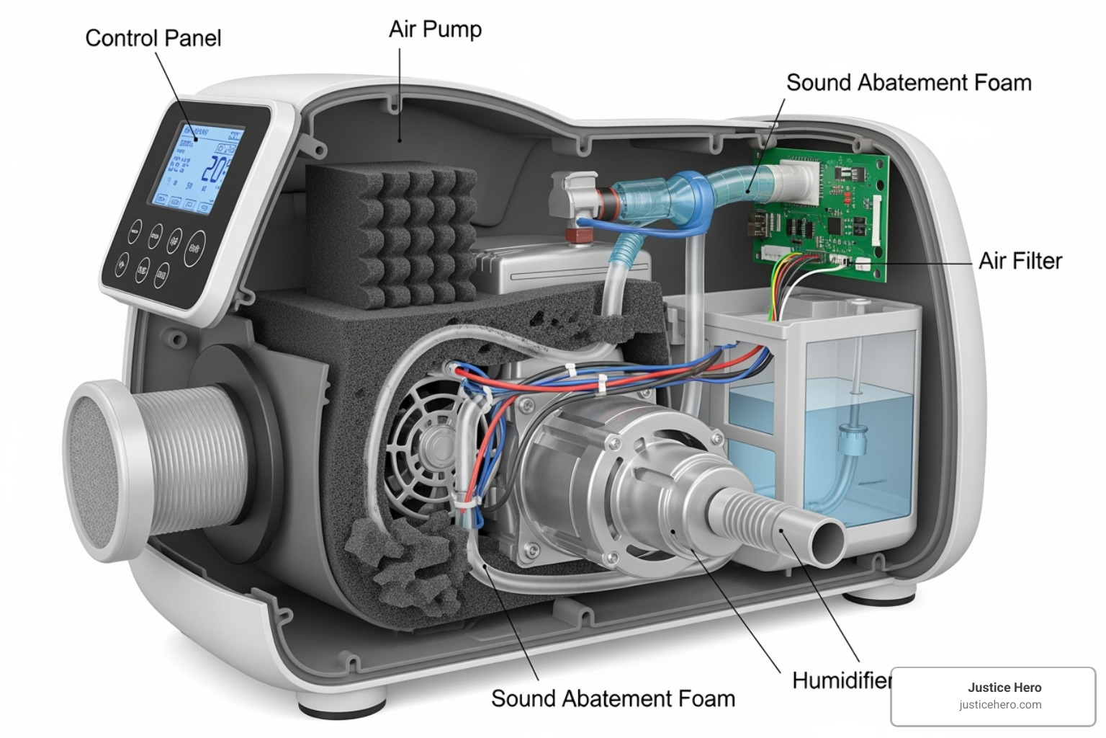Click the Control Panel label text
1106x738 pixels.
click(x=153, y=37)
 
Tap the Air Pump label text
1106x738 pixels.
click(x=435, y=29)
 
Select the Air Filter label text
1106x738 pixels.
click(x=1020, y=260)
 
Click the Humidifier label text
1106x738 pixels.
click(x=841, y=680)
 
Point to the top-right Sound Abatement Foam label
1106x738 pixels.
click(x=908, y=82)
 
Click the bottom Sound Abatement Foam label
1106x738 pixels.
click(x=613, y=698)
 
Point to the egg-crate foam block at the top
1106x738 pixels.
click(x=392, y=234)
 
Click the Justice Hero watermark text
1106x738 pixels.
click(x=1004, y=688)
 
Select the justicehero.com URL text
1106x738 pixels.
click(x=1000, y=705)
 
